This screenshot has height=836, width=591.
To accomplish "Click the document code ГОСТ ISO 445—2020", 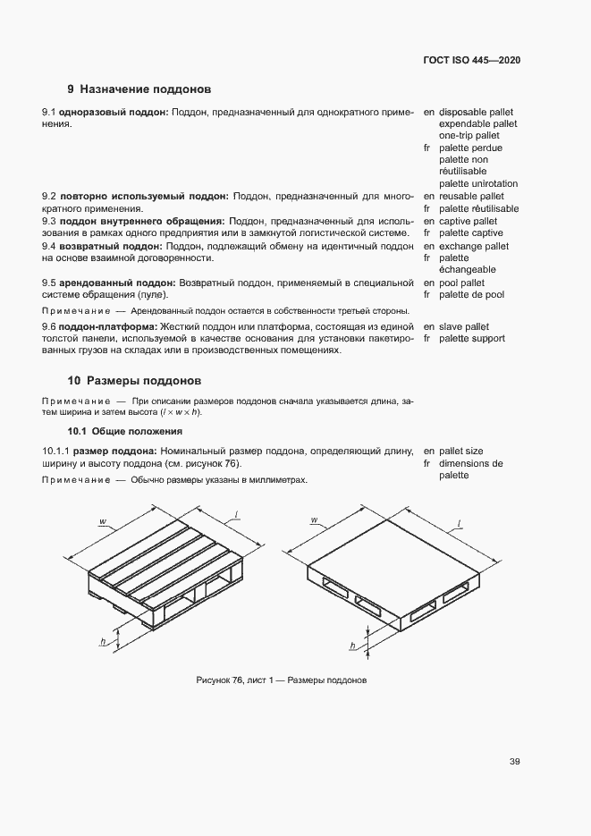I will point(472,60).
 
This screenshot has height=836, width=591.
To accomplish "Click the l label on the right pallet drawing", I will point(460,520).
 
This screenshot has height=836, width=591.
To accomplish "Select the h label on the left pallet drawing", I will point(104,642).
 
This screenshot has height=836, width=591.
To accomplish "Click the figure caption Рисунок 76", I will point(282,680).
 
